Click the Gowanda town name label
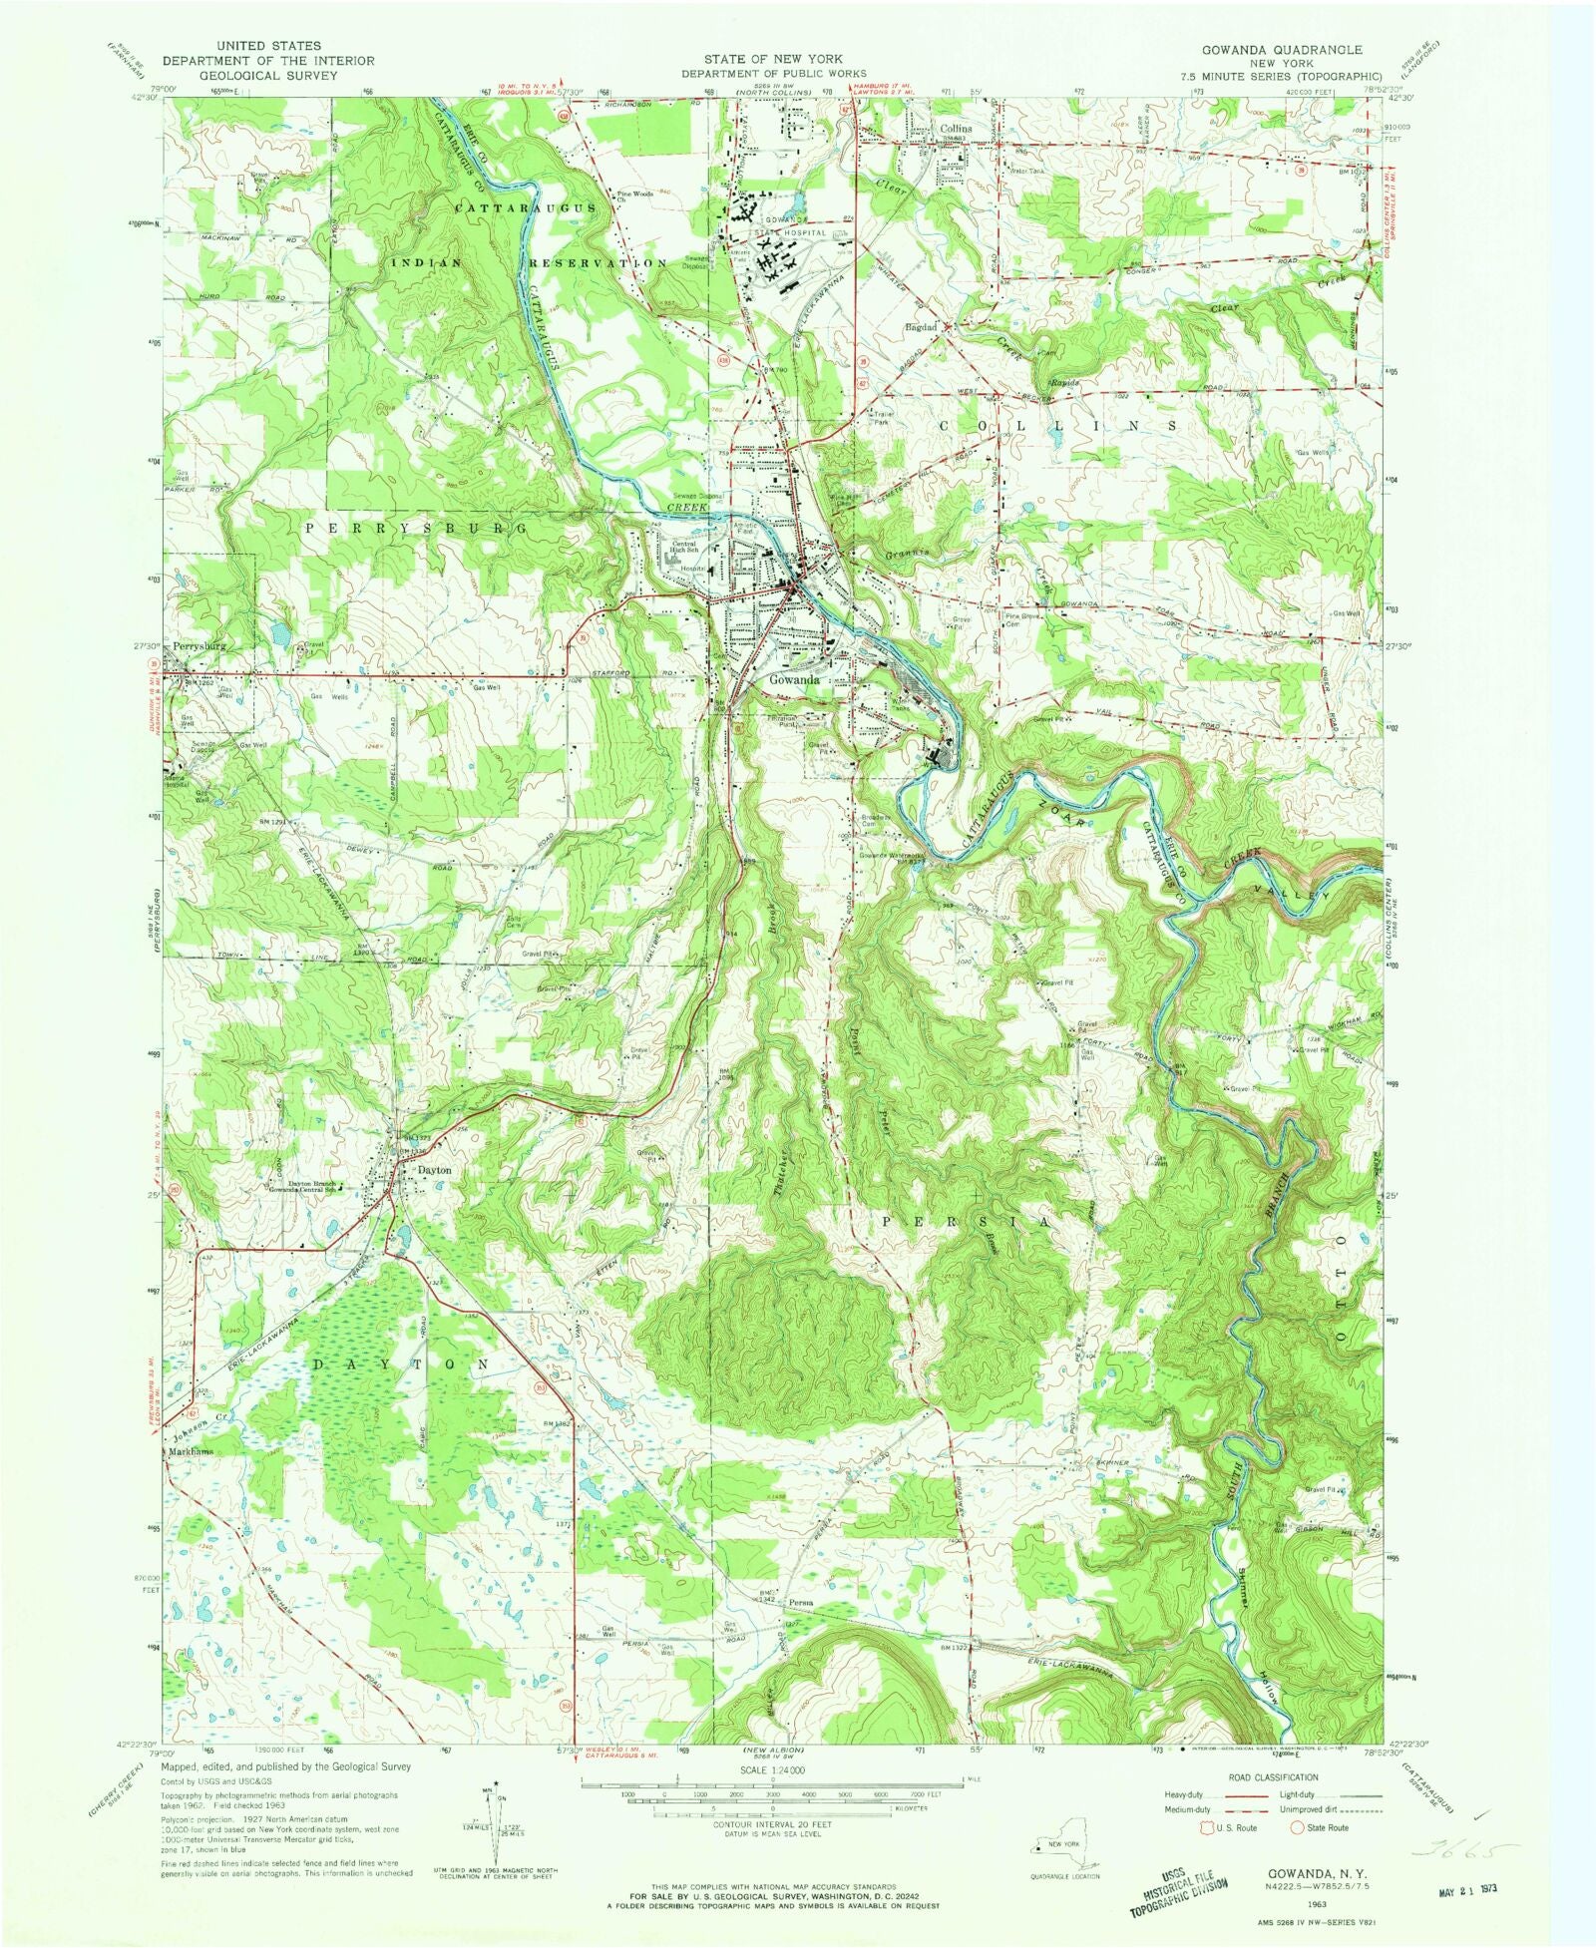click(x=794, y=680)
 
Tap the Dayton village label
click(x=434, y=1170)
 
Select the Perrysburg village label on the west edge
click(x=199, y=646)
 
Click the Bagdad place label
click(x=921, y=327)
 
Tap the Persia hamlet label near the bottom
click(x=801, y=1604)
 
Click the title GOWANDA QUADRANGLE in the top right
click(x=1281, y=49)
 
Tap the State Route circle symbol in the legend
click(x=1296, y=1828)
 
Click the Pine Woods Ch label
click(x=635, y=196)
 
